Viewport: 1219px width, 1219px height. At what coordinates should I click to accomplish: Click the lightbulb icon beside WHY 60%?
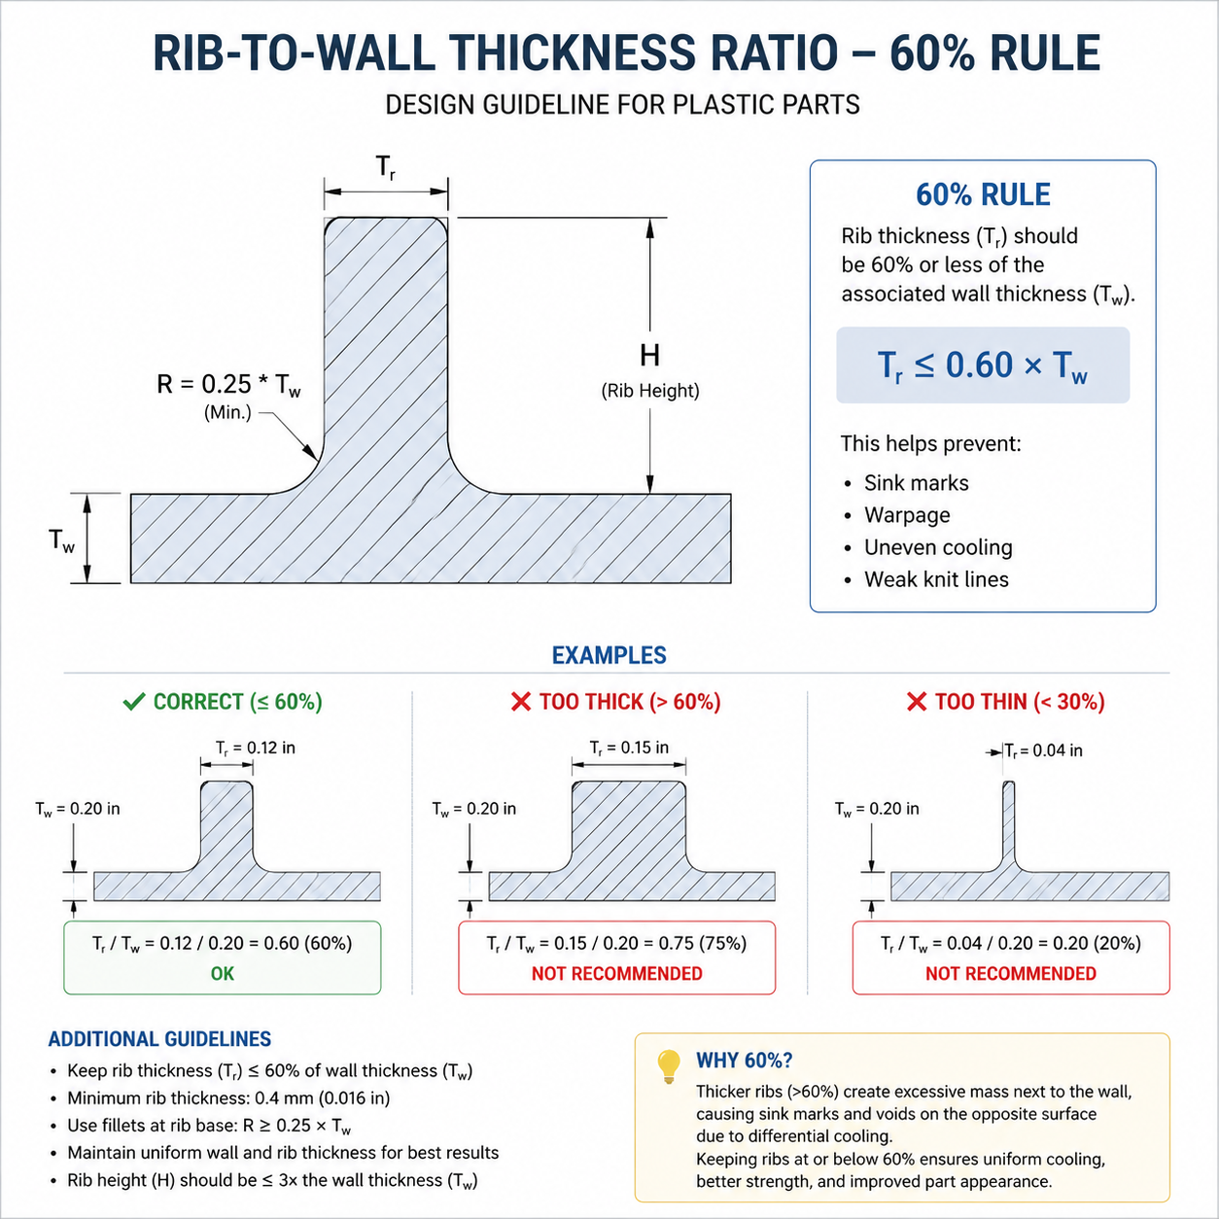668,1066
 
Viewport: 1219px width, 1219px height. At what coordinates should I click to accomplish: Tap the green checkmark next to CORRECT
134,702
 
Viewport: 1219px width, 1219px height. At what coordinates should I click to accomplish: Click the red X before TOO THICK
521,702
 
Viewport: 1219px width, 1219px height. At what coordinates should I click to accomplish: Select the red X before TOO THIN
916,702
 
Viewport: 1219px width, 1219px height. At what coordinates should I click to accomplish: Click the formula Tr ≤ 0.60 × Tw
983,366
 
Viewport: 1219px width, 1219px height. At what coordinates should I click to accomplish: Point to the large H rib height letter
649,356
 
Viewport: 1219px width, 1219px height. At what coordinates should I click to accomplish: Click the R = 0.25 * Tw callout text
228,385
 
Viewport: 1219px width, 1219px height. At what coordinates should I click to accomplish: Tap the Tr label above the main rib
386,167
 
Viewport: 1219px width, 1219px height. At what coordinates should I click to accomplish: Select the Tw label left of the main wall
61,541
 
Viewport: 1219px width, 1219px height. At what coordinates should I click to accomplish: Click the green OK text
222,974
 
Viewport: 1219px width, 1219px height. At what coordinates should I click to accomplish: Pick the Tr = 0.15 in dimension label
629,748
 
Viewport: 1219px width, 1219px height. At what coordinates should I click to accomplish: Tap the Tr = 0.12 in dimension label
255,749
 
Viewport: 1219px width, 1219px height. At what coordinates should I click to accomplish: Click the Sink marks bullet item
916,483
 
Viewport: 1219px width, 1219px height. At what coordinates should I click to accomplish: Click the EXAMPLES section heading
609,655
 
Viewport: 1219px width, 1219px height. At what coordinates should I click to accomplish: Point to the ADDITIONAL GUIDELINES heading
159,1039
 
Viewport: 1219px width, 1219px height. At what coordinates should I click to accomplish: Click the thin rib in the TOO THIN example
1008,822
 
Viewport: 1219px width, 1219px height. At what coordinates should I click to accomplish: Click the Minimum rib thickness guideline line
228,1098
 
